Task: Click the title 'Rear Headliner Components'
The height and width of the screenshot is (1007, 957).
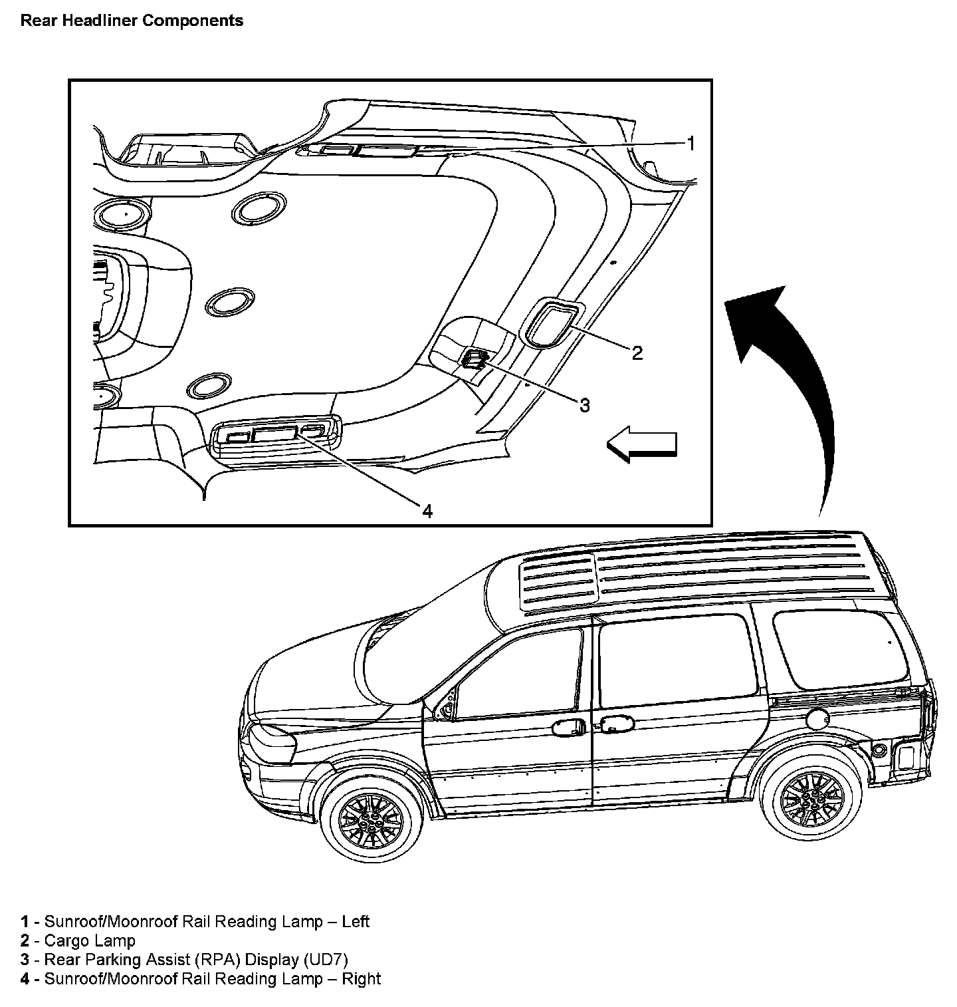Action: click(132, 21)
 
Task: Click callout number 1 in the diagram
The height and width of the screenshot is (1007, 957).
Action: click(691, 143)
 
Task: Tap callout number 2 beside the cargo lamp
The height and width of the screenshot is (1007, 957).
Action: click(637, 353)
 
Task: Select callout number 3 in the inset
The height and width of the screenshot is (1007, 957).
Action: click(584, 405)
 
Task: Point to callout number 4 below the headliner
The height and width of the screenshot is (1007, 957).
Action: click(427, 510)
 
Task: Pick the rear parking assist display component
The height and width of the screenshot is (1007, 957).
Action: click(475, 359)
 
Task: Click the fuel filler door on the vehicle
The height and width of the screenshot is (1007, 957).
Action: click(816, 719)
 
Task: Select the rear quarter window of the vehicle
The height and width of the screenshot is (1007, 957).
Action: click(842, 648)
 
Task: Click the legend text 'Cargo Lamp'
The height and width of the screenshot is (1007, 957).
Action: click(89, 940)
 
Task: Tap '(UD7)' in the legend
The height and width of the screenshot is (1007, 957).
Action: click(325, 959)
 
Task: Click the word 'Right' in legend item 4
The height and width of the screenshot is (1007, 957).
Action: click(362, 978)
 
